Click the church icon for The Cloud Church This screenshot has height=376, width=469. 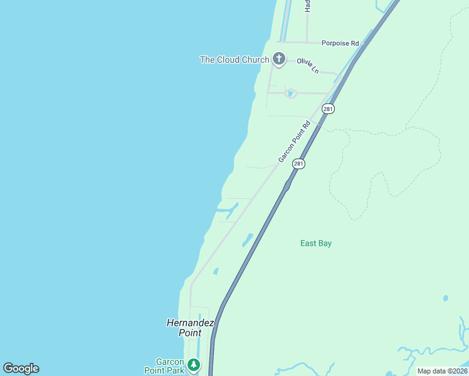point(279,60)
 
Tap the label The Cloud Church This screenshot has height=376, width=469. point(234,60)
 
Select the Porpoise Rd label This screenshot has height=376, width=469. point(340,43)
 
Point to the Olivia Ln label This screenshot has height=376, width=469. point(308,65)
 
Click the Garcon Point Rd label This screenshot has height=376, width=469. point(295,142)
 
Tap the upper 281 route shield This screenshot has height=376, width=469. point(329,108)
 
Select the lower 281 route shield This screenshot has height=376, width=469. point(298,164)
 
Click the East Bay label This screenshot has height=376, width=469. point(315,243)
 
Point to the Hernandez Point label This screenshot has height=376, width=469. point(191,328)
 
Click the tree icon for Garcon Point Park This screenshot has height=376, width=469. point(194,364)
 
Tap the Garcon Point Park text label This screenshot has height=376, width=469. point(170,366)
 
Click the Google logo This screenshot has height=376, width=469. point(21,368)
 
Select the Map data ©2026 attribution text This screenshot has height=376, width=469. point(442,371)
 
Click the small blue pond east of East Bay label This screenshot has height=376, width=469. point(445,298)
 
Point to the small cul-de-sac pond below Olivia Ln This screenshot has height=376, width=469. point(290,94)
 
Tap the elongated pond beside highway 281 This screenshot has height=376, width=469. point(247,240)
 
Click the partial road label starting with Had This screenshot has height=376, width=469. point(308,6)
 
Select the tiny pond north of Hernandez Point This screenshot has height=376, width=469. point(216,271)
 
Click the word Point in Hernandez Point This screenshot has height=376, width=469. point(189,333)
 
